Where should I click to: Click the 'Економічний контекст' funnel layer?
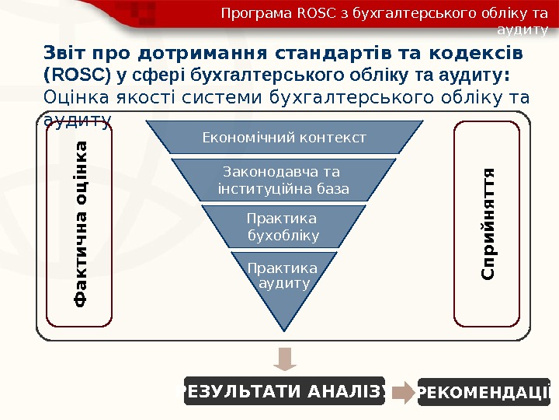click(x=283, y=138)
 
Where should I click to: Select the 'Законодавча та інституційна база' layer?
click(x=283, y=180)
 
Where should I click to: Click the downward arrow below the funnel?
click(x=284, y=359)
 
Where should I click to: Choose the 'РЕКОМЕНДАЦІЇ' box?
click(x=484, y=392)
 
